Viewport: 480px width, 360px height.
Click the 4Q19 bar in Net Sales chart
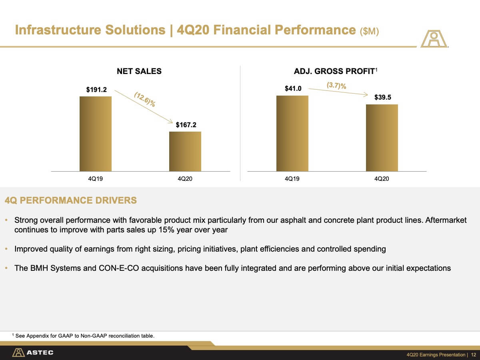click(96, 134)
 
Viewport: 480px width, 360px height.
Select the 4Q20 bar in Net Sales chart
click(185, 152)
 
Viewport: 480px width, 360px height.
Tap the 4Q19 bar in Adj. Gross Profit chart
click(292, 133)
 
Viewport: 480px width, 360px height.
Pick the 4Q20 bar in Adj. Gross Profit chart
click(382, 138)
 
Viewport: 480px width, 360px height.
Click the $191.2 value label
click(96, 90)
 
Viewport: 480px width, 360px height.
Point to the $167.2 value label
click(186, 125)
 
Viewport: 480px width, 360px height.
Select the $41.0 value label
click(293, 88)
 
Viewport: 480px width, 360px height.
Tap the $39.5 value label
click(383, 97)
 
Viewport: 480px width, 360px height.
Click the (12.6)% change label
click(145, 100)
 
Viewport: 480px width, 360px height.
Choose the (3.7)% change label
click(336, 85)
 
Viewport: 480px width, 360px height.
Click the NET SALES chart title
click(139, 71)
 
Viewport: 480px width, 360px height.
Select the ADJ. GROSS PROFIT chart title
click(336, 71)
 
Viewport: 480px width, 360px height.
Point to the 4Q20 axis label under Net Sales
click(185, 179)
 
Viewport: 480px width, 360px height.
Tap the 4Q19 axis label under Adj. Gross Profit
click(292, 179)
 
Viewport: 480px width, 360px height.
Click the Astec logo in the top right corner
click(434, 39)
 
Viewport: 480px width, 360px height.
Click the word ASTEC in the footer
click(40, 352)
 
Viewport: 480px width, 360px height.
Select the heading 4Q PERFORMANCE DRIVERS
click(71, 200)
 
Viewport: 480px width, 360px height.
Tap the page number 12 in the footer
click(474, 355)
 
